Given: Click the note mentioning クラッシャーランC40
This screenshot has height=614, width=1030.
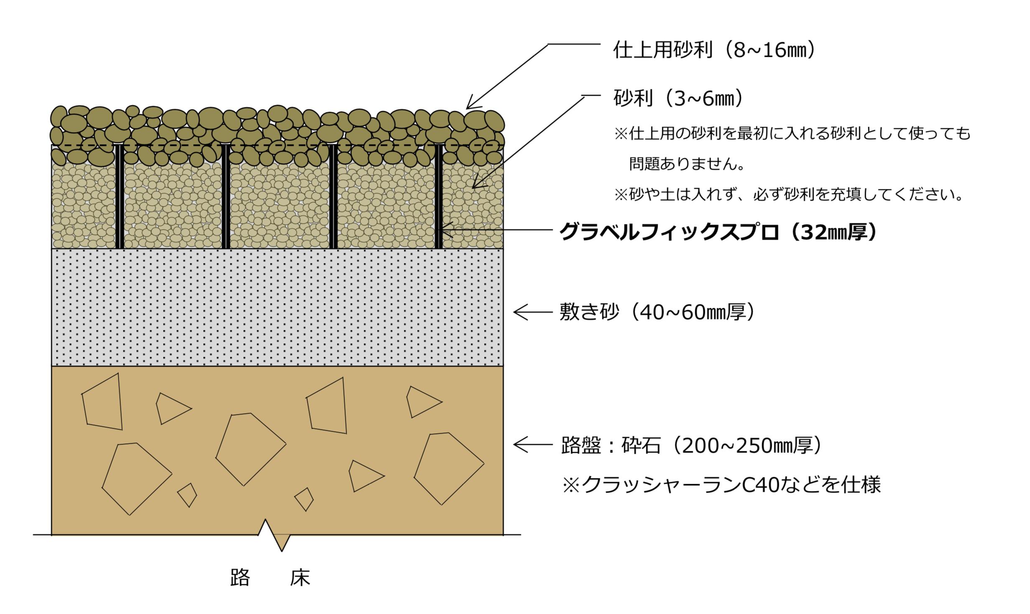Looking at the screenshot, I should click(x=721, y=484).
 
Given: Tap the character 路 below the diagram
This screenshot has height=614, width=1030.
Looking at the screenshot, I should click(x=240, y=578).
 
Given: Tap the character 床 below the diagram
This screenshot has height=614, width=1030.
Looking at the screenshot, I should click(x=300, y=578).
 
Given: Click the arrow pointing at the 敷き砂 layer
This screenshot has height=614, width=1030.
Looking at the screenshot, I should click(x=533, y=312).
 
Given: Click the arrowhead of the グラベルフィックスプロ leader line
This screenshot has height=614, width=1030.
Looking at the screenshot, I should click(x=446, y=230).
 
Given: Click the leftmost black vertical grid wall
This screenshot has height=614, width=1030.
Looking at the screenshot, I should click(x=120, y=197).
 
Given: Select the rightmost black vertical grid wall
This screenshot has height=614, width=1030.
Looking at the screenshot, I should click(x=439, y=197).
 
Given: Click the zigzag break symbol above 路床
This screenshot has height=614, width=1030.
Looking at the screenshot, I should click(x=274, y=535).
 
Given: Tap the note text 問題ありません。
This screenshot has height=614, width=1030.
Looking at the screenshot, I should click(x=687, y=164).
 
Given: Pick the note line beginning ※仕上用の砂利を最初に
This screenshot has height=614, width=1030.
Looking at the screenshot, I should click(x=792, y=134).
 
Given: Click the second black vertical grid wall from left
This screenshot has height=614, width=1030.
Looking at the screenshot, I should click(x=226, y=197).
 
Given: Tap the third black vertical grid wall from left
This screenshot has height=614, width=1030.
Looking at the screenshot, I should click(x=333, y=197).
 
